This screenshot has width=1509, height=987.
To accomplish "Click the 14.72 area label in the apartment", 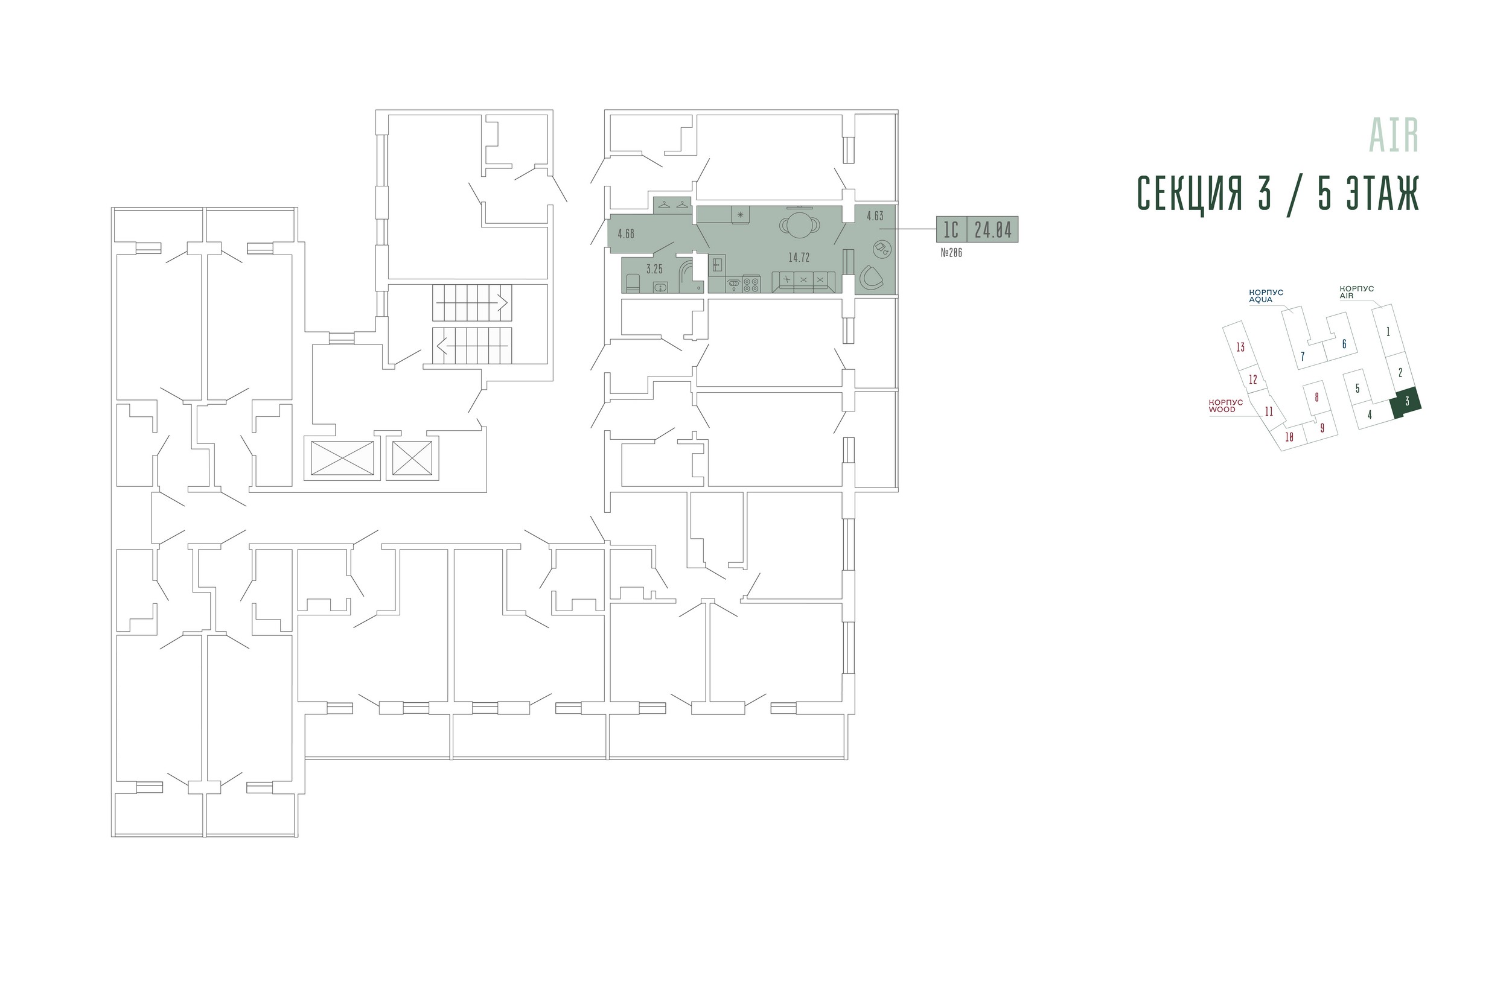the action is click(x=799, y=258).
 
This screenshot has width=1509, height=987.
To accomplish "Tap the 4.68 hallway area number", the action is click(x=626, y=234).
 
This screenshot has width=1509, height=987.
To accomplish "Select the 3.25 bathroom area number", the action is click(x=654, y=270).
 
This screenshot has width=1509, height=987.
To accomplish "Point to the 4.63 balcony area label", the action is click(x=875, y=216).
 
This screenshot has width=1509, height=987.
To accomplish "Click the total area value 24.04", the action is click(x=993, y=229).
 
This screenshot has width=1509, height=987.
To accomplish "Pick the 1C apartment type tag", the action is click(x=951, y=229).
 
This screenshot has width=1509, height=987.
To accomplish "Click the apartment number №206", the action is click(x=951, y=253).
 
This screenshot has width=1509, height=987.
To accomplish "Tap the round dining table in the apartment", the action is click(x=800, y=225).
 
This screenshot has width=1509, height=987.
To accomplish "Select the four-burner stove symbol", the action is click(x=751, y=284).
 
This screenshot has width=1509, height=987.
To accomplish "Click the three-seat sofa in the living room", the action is click(x=803, y=282).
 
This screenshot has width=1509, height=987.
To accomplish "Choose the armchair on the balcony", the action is click(x=871, y=278).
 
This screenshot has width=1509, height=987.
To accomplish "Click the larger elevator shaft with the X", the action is click(x=342, y=458).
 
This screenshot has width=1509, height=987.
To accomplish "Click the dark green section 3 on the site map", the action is click(x=1406, y=402).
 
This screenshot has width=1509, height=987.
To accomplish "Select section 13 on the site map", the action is click(x=1240, y=347).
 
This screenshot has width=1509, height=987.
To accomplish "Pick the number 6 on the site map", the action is click(x=1344, y=344).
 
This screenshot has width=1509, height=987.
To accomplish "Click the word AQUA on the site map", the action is click(x=1260, y=300).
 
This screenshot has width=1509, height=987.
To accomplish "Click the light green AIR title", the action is click(x=1394, y=135).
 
